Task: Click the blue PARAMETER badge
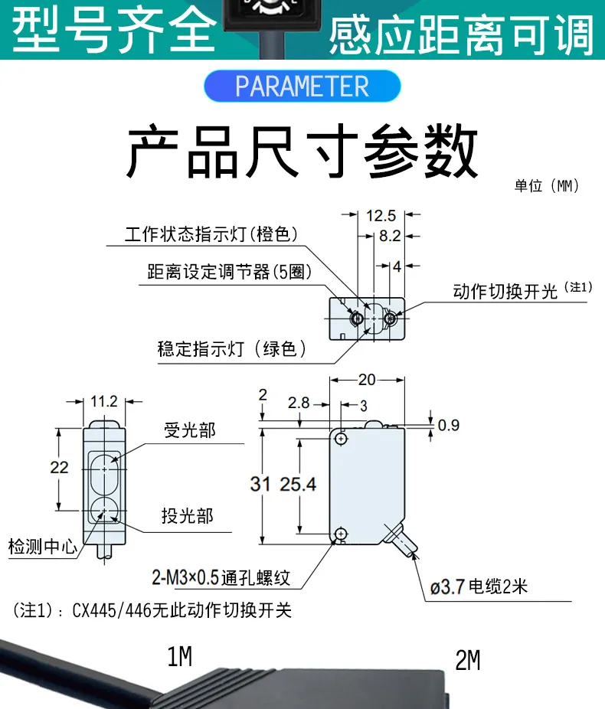click(x=302, y=86)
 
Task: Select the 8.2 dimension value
click(x=390, y=237)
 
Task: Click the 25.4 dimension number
click(x=298, y=484)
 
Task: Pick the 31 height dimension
click(x=260, y=484)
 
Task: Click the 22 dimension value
click(x=59, y=467)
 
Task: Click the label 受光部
click(x=190, y=430)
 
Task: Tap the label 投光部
click(x=187, y=516)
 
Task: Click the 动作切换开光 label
click(x=505, y=292)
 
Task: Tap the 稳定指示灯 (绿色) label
click(x=232, y=349)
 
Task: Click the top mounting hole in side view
click(x=341, y=439)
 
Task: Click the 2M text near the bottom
click(x=467, y=660)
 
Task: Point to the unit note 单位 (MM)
click(x=547, y=186)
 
